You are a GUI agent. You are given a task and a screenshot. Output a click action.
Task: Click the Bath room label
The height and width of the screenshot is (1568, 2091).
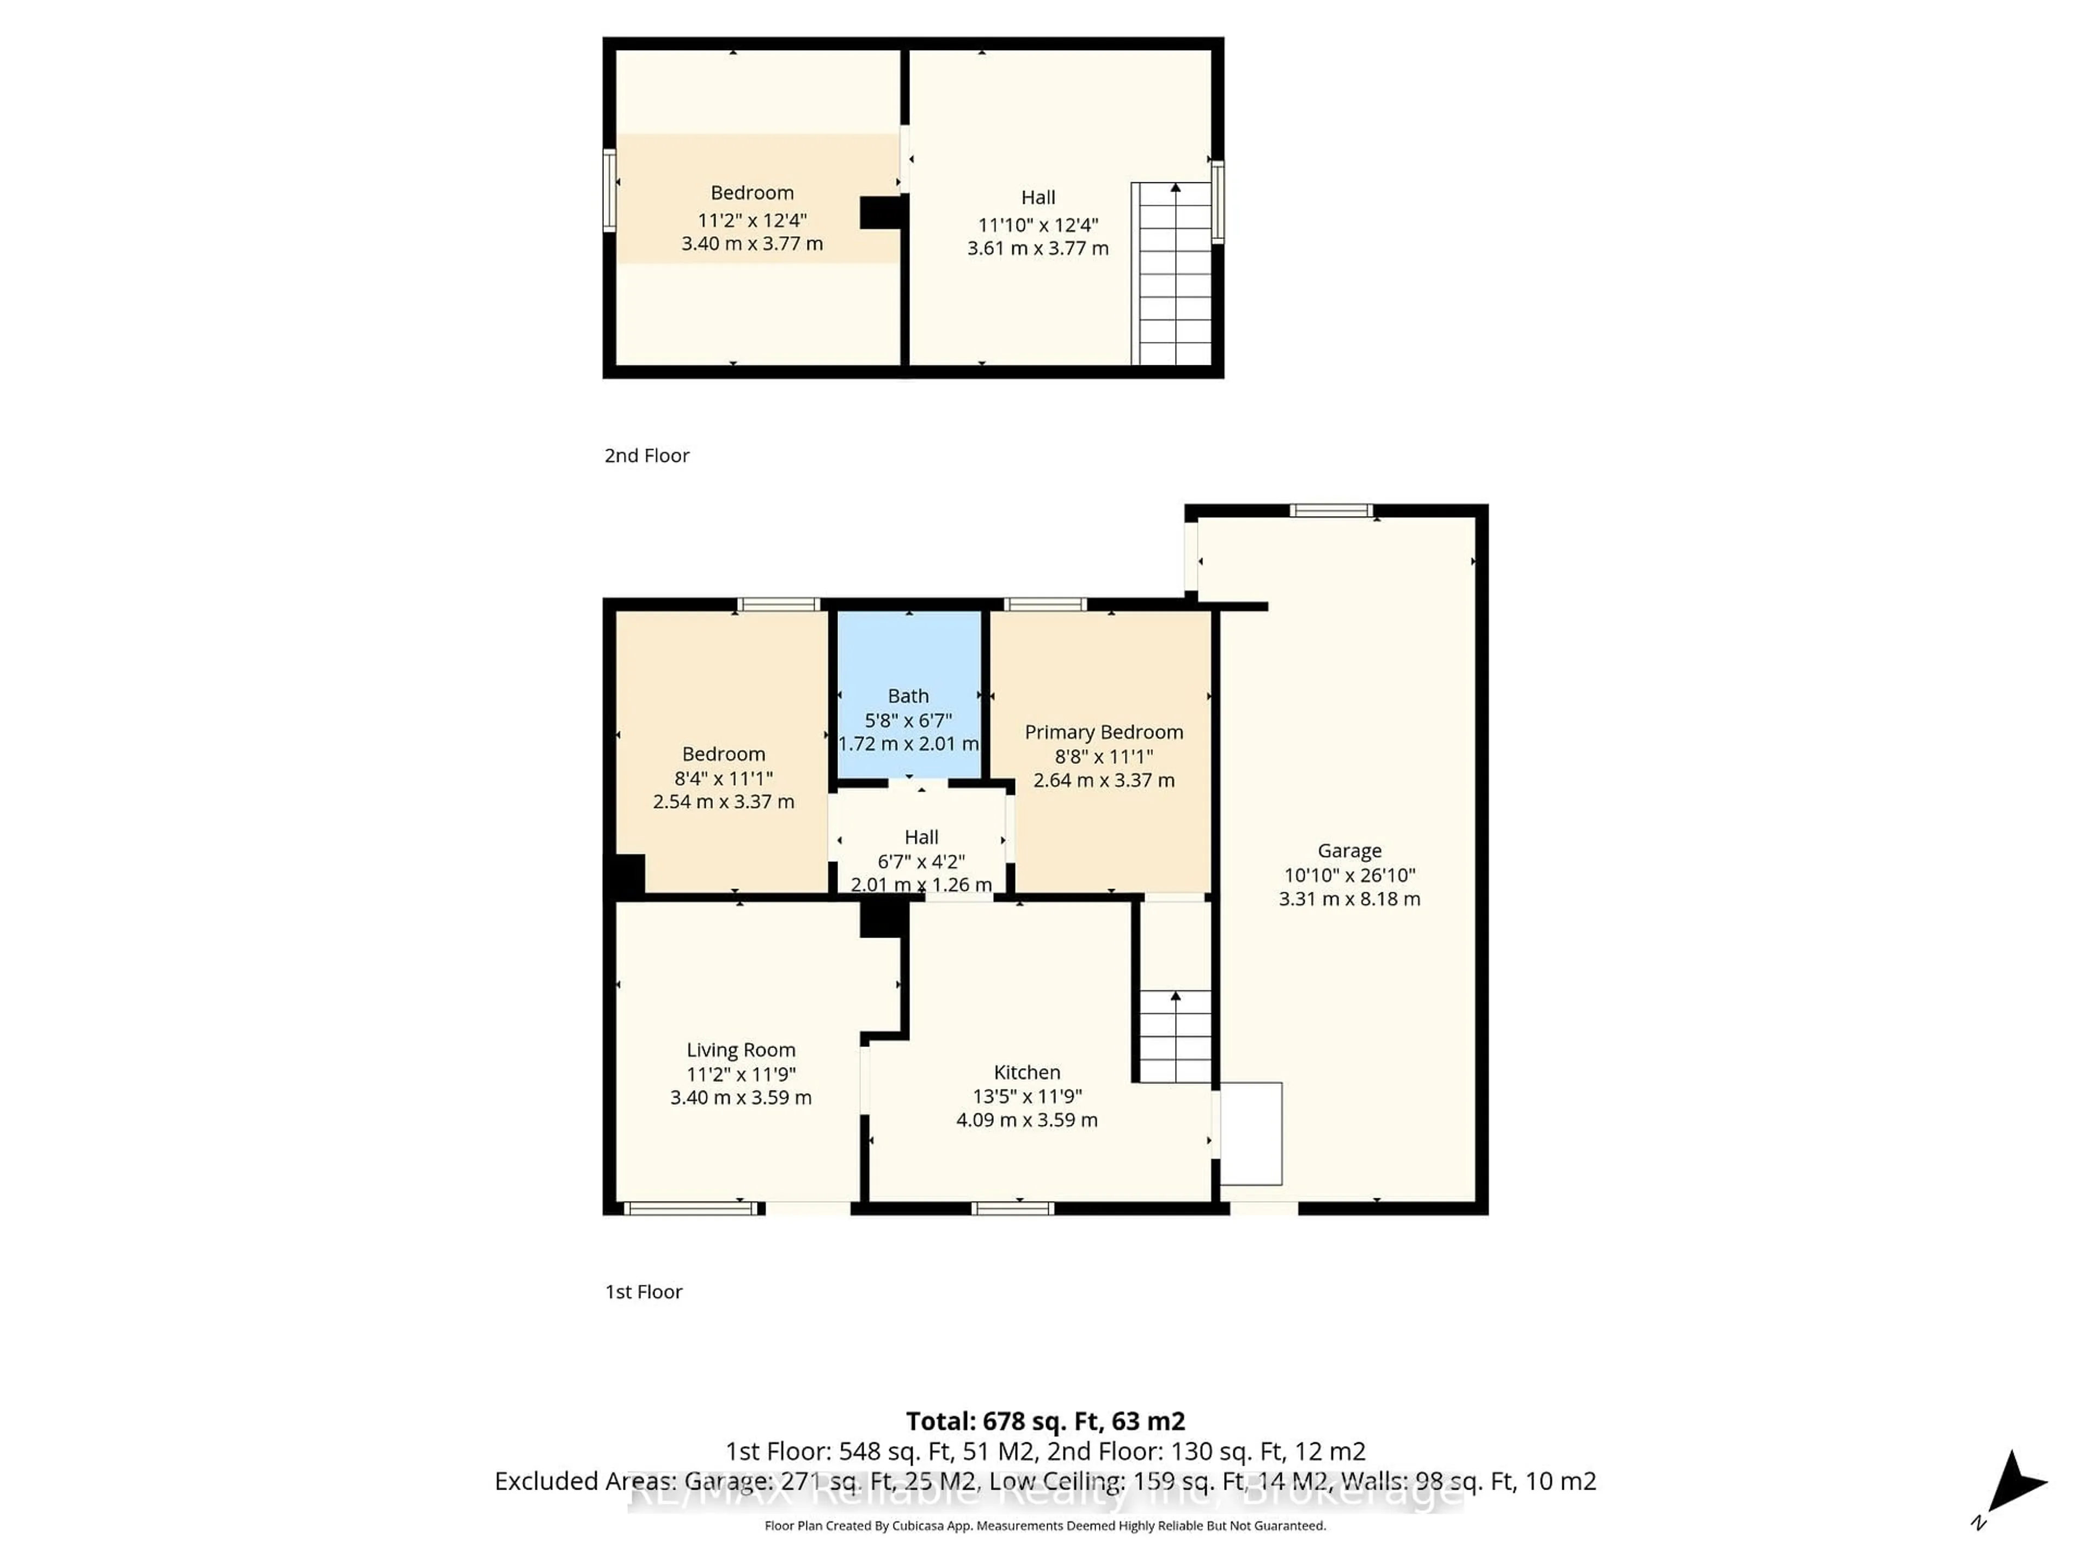coord(908,696)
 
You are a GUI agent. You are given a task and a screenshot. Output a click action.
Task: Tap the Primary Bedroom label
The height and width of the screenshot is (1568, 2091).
coord(1103,732)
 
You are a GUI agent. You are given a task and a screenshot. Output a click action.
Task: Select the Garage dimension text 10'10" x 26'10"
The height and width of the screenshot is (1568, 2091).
coord(1349,875)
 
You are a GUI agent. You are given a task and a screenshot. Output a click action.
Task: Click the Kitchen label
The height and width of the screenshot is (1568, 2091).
coord(1026,1072)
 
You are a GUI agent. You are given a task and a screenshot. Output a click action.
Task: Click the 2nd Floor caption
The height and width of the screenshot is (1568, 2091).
coord(646,456)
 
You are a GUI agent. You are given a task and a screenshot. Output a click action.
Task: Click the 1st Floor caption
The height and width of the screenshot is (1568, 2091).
coord(643,1291)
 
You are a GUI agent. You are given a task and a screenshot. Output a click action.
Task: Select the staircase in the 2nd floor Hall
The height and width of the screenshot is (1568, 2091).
coord(1173,274)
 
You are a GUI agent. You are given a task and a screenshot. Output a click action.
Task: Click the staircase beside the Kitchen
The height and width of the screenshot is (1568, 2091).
coord(1174,1036)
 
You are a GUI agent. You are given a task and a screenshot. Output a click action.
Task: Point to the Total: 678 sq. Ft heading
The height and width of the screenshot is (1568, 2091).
coord(1044,1420)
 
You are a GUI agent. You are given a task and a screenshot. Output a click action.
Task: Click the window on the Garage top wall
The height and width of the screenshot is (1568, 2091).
coord(1330,510)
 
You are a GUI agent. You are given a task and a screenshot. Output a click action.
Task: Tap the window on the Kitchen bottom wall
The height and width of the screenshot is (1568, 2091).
coord(1012,1208)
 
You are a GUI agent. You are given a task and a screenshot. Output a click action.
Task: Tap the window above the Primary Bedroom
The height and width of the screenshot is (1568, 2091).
coord(1044,604)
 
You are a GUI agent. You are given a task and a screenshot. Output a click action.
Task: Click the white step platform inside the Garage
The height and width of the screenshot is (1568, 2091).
coord(1251,1133)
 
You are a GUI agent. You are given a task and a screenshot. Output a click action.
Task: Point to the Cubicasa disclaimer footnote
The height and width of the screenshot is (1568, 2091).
coord(1044,1526)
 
